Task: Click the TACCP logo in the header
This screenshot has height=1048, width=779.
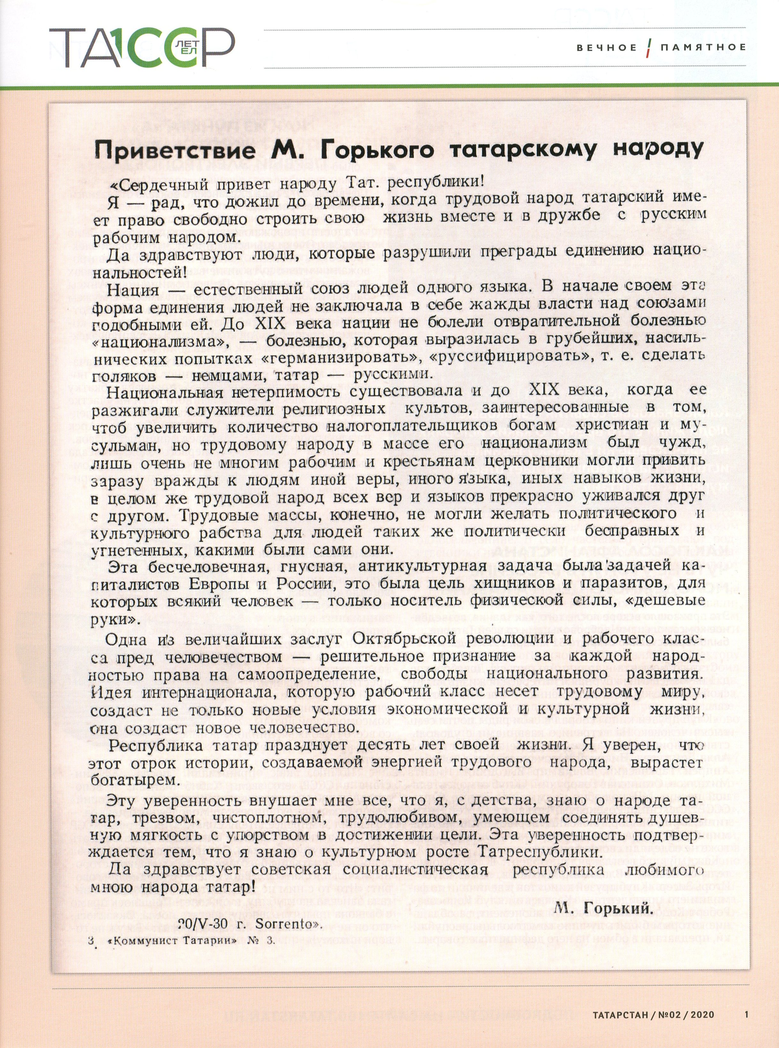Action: click(141, 47)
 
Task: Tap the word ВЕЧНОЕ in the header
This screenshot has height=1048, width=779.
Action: click(606, 47)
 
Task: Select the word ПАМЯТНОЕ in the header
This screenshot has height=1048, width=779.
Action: click(703, 47)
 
